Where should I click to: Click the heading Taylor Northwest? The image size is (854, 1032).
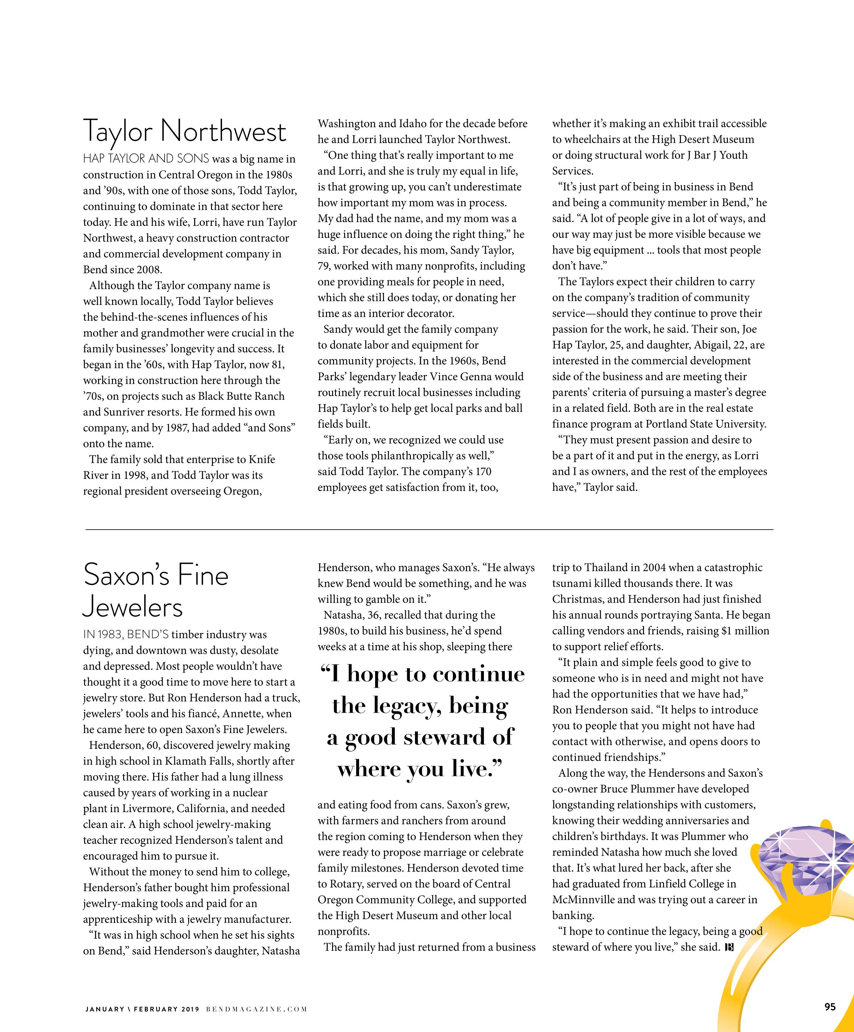[x=184, y=132]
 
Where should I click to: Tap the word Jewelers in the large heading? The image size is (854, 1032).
[x=133, y=607]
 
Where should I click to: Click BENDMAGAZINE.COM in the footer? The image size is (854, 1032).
[x=257, y=1010]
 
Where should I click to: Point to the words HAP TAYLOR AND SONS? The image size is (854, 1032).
[x=146, y=159]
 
